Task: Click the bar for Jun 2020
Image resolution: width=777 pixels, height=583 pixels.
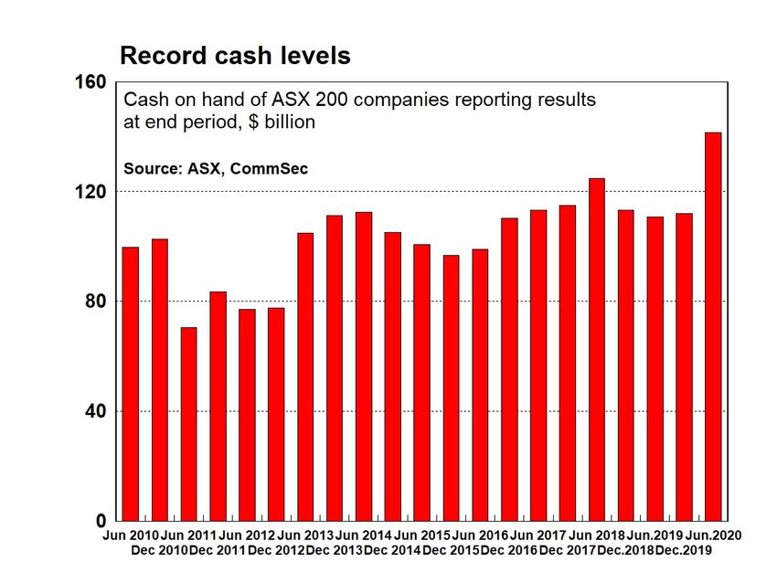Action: (x=713, y=326)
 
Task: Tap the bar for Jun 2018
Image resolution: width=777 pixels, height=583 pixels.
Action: (x=596, y=349)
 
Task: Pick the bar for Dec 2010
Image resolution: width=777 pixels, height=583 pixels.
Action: (x=159, y=379)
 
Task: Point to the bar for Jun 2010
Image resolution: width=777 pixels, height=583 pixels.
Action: (x=131, y=384)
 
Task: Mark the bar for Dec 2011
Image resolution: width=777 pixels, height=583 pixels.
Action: (x=218, y=406)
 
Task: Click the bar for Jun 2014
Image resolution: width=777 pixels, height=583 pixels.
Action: (x=363, y=366)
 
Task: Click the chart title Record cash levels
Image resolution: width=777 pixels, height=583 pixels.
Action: (x=235, y=56)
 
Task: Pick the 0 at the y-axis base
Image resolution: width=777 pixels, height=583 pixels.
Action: (x=101, y=521)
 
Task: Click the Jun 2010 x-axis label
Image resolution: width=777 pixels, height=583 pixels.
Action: (x=131, y=535)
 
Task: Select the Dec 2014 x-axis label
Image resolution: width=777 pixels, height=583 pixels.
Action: (x=393, y=550)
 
